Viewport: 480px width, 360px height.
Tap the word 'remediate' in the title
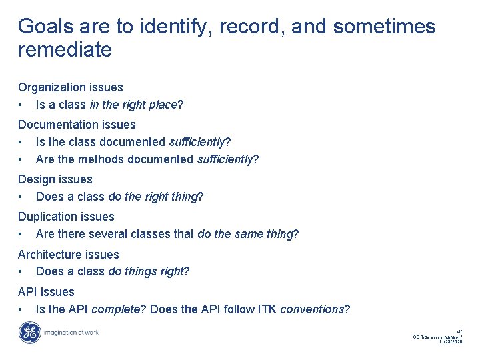click(x=65, y=50)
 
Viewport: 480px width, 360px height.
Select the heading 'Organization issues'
click(x=71, y=87)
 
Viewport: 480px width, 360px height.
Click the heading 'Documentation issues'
click(x=77, y=125)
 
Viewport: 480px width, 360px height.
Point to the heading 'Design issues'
click(x=55, y=179)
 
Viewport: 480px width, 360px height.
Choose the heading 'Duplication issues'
click(x=66, y=217)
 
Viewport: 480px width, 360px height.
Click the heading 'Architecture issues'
click(x=69, y=255)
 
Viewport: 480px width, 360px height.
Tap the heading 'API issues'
click(x=46, y=292)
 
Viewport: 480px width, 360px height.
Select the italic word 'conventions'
click(x=311, y=309)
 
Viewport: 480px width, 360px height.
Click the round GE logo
click(x=29, y=333)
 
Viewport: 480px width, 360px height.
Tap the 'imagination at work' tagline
click(x=70, y=333)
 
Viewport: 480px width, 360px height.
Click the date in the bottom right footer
click(x=450, y=343)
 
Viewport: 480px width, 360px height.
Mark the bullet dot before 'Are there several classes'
click(x=22, y=235)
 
